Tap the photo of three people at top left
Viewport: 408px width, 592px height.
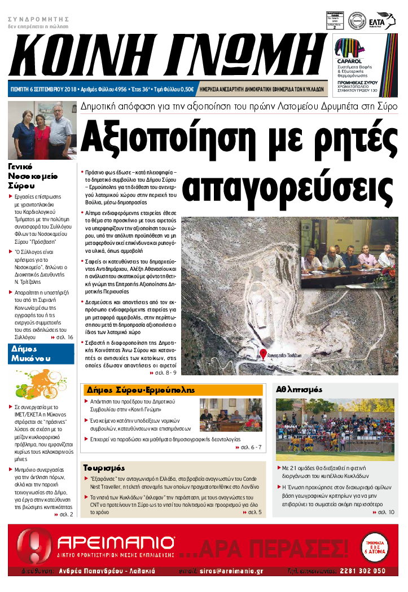pyautogui.click(x=42, y=131)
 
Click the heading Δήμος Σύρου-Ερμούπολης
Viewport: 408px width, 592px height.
pyautogui.click(x=140, y=390)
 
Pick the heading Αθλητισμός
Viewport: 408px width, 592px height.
pyautogui.click(x=299, y=389)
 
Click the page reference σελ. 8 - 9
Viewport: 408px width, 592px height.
pyautogui.click(x=164, y=372)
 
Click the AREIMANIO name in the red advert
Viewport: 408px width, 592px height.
pyautogui.click(x=116, y=545)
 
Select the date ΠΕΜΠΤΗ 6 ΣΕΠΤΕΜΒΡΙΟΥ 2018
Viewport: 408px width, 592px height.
pyautogui.click(x=45, y=89)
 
